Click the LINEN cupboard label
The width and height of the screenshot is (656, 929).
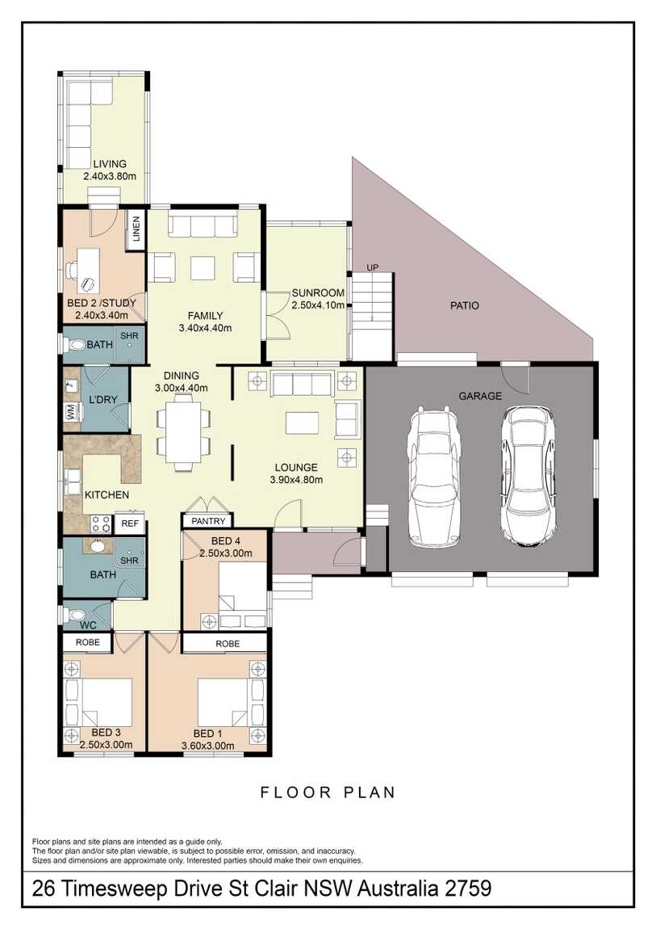(136, 229)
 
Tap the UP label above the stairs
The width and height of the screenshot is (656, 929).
(372, 268)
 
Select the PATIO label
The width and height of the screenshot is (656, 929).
(464, 305)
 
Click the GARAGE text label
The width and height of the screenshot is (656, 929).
(480, 396)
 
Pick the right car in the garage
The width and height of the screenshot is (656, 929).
(529, 475)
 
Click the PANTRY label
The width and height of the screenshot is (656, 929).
(208, 521)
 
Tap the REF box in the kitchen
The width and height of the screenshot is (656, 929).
(130, 523)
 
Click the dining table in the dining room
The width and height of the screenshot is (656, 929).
(183, 432)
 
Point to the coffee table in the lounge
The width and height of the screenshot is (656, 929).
(302, 423)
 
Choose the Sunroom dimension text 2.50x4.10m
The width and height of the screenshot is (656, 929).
(318, 305)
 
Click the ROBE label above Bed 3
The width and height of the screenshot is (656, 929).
(87, 641)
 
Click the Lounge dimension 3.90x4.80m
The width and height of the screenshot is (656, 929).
(296, 480)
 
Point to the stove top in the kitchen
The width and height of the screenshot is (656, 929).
(101, 523)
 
